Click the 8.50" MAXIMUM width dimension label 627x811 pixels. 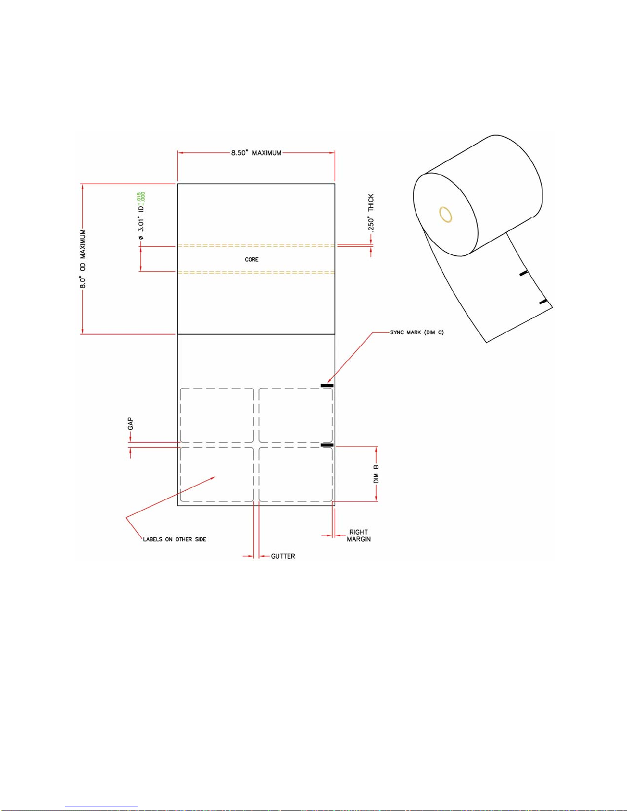[256, 152]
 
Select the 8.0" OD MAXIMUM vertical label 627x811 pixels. [83, 258]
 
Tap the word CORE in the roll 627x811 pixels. [251, 259]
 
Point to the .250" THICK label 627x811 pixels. [371, 213]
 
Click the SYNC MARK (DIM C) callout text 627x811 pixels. [417, 332]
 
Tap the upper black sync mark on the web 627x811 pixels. [327, 385]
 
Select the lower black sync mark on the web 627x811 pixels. [327, 445]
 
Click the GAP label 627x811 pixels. [130, 424]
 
